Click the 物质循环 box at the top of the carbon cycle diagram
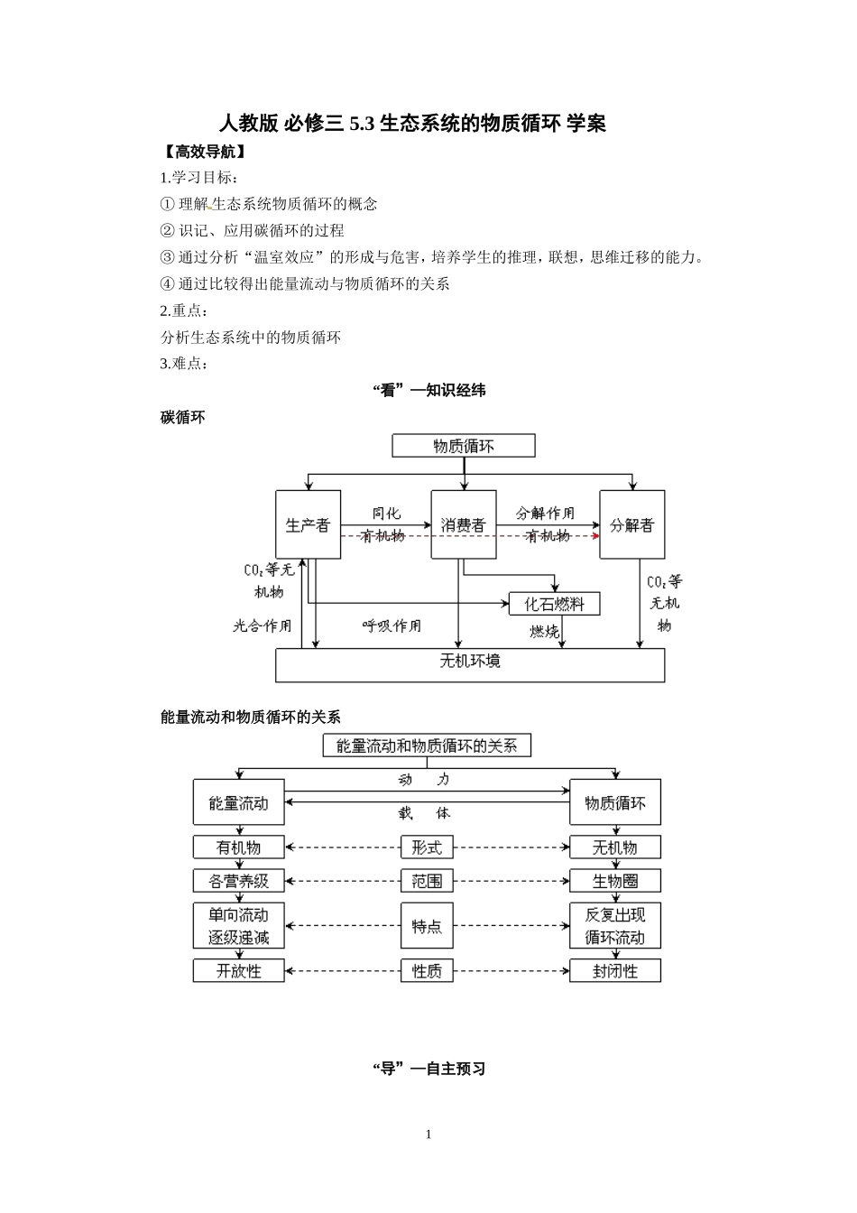pyautogui.click(x=464, y=446)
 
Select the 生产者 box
pyautogui.click(x=308, y=524)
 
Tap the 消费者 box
pyautogui.click(x=464, y=524)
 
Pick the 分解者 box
pyautogui.click(x=632, y=524)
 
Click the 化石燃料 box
pyautogui.click(x=554, y=604)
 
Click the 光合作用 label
pyautogui.click(x=263, y=625)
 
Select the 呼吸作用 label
pyautogui.click(x=392, y=625)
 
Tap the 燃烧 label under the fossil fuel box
pyautogui.click(x=544, y=632)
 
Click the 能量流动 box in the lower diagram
pyautogui.click(x=238, y=802)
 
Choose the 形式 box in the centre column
pyautogui.click(x=427, y=847)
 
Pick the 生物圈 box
pyautogui.click(x=615, y=881)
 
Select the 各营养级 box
pyautogui.click(x=238, y=881)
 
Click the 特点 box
pyautogui.click(x=427, y=926)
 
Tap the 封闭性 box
pyautogui.click(x=615, y=971)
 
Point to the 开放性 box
pyautogui.click(x=238, y=971)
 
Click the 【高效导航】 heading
pyautogui.click(x=202, y=152)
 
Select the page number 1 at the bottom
pyautogui.click(x=428, y=1134)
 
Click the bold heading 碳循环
pyautogui.click(x=183, y=418)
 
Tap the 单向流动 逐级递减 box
pyautogui.click(x=238, y=926)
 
